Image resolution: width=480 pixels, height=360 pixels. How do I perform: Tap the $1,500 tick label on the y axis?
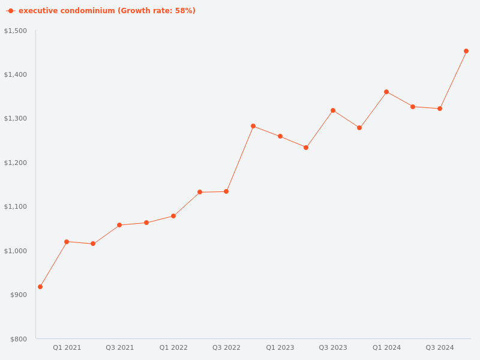[16, 31]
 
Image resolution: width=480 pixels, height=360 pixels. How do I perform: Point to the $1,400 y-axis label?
[16, 74]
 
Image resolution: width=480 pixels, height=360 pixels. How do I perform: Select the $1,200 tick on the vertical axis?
[16, 163]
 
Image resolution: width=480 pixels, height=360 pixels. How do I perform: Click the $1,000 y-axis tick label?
[16, 251]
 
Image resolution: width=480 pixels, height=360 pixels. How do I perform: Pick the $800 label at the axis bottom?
[17, 339]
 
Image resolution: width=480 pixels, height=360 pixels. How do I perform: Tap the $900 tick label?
[17, 295]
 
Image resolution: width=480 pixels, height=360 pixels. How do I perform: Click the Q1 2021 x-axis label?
[67, 347]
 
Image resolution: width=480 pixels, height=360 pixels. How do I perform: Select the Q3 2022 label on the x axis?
[226, 347]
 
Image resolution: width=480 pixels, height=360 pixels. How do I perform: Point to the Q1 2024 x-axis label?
[386, 347]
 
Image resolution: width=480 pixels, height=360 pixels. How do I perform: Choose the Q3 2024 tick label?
[440, 347]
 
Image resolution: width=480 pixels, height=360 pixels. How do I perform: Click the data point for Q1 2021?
[67, 242]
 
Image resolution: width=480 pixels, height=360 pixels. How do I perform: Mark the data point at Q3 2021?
[119, 225]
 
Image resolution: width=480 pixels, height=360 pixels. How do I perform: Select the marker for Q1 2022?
[173, 216]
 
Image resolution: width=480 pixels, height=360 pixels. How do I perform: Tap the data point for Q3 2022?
[226, 191]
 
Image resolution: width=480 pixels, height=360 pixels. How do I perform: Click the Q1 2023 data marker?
[280, 136]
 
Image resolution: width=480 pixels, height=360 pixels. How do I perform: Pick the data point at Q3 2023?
[333, 110]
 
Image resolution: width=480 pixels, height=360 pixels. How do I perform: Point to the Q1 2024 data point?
[386, 92]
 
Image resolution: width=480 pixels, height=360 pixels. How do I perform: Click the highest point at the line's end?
[466, 51]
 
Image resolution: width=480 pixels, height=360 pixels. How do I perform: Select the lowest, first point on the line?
[40, 287]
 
